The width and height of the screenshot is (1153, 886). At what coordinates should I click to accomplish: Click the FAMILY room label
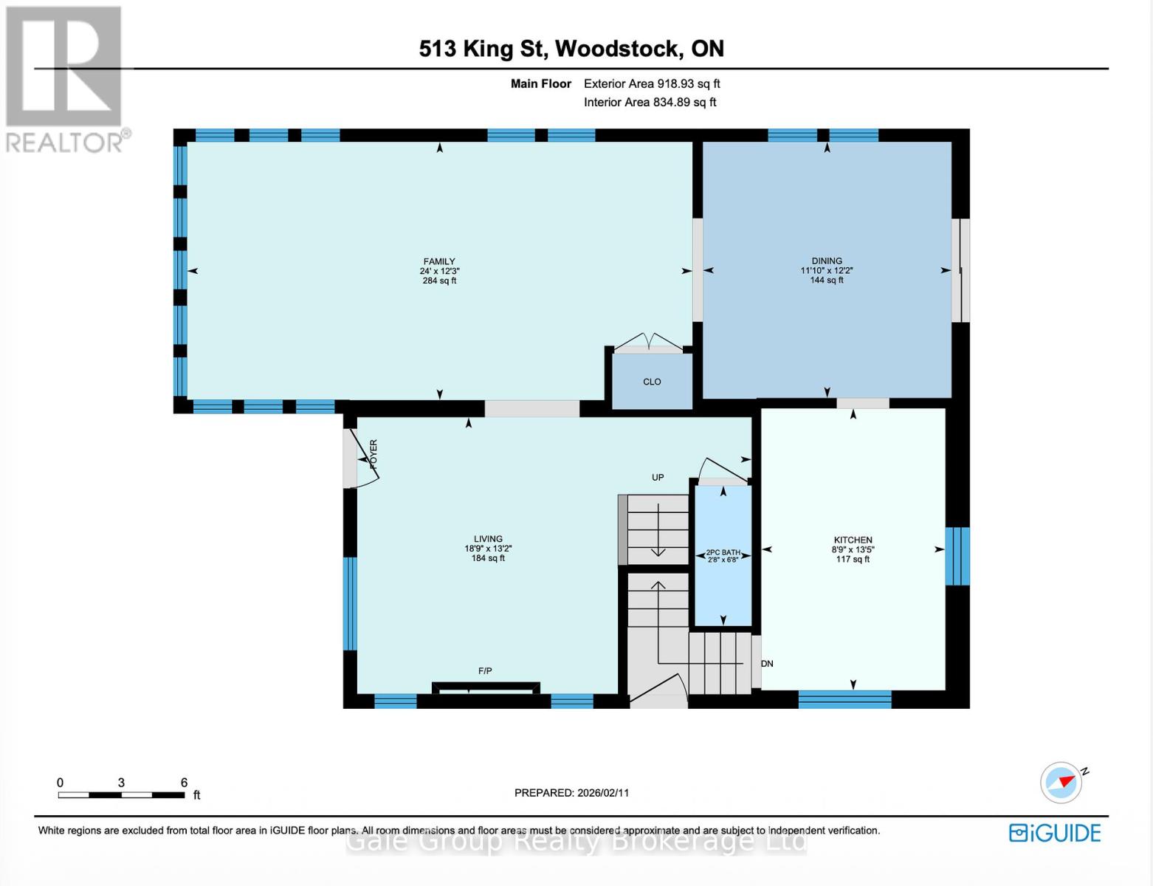click(x=438, y=261)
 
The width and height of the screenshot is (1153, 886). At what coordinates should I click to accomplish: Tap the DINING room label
click(x=827, y=261)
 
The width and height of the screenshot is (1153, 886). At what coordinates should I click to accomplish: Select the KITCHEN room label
click(x=853, y=540)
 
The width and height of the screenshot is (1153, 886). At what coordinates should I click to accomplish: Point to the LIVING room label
click(x=488, y=539)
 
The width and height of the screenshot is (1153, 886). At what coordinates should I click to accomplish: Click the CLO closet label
click(x=652, y=382)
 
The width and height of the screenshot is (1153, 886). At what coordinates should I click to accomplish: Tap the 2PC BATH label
click(x=723, y=552)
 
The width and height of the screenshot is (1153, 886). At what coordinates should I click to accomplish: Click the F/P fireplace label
click(x=485, y=671)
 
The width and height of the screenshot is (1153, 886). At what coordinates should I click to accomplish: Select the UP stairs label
click(x=658, y=478)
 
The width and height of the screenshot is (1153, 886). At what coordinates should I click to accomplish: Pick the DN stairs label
click(x=767, y=664)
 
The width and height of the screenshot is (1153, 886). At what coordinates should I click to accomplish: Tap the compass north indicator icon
click(x=1061, y=782)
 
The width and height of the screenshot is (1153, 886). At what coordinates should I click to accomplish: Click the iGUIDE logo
click(x=1055, y=833)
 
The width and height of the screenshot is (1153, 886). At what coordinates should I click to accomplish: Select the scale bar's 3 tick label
click(x=121, y=783)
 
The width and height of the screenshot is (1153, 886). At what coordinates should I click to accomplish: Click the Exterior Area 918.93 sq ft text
click(x=652, y=84)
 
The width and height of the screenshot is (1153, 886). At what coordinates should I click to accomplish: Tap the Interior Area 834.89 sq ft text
click(x=650, y=103)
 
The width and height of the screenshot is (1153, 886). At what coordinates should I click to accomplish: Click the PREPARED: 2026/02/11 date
click(x=571, y=793)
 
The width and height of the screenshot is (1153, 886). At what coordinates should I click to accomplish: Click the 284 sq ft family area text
click(x=439, y=281)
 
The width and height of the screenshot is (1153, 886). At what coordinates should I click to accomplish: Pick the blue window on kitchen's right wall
click(x=957, y=556)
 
